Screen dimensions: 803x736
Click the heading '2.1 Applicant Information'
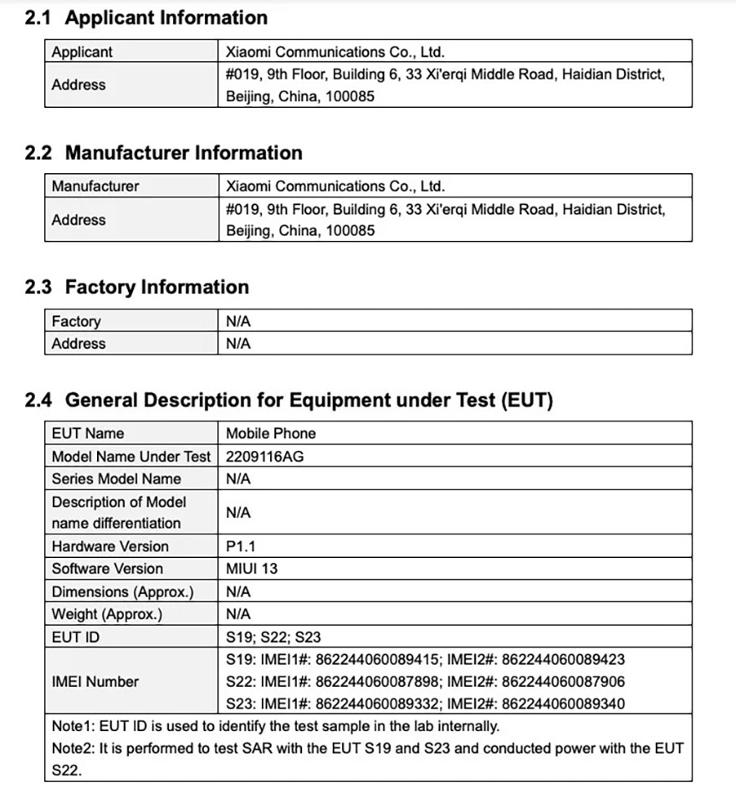(x=146, y=18)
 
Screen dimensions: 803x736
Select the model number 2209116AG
(x=259, y=456)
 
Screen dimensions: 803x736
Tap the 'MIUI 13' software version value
(x=252, y=569)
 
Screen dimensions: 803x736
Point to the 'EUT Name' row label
(x=87, y=433)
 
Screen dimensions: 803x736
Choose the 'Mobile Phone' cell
(x=271, y=433)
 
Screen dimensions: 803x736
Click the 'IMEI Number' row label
(x=95, y=682)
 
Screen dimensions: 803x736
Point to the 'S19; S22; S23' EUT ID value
(x=273, y=637)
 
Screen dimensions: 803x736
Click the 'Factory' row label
(x=76, y=321)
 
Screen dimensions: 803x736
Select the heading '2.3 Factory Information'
(x=137, y=288)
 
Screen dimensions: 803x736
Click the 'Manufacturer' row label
(x=95, y=186)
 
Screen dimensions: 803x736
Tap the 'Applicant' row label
(x=82, y=52)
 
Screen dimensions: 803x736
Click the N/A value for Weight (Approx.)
(x=238, y=614)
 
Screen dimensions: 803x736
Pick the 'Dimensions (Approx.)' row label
(x=122, y=591)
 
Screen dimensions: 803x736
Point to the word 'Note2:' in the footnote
(x=73, y=748)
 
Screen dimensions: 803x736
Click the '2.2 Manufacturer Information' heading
(x=164, y=153)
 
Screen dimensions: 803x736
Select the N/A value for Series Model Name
(x=238, y=478)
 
